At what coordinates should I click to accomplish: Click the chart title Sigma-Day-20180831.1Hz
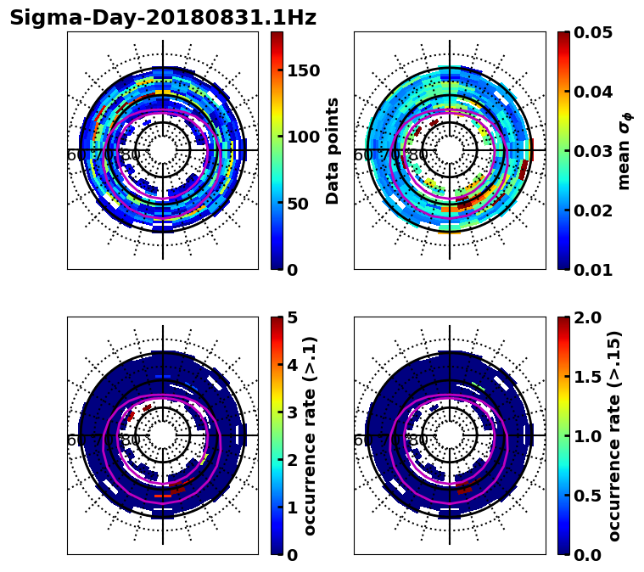(163, 18)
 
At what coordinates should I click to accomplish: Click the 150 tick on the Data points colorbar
(303, 70)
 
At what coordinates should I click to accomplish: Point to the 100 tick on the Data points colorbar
(303, 137)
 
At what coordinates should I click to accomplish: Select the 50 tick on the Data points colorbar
(299, 204)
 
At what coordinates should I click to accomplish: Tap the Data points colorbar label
(333, 151)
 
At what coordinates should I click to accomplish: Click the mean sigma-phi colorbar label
(624, 151)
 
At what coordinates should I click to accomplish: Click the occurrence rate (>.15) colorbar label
(614, 436)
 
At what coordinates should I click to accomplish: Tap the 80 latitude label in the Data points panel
(132, 156)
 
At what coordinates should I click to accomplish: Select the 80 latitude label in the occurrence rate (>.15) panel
(418, 441)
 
